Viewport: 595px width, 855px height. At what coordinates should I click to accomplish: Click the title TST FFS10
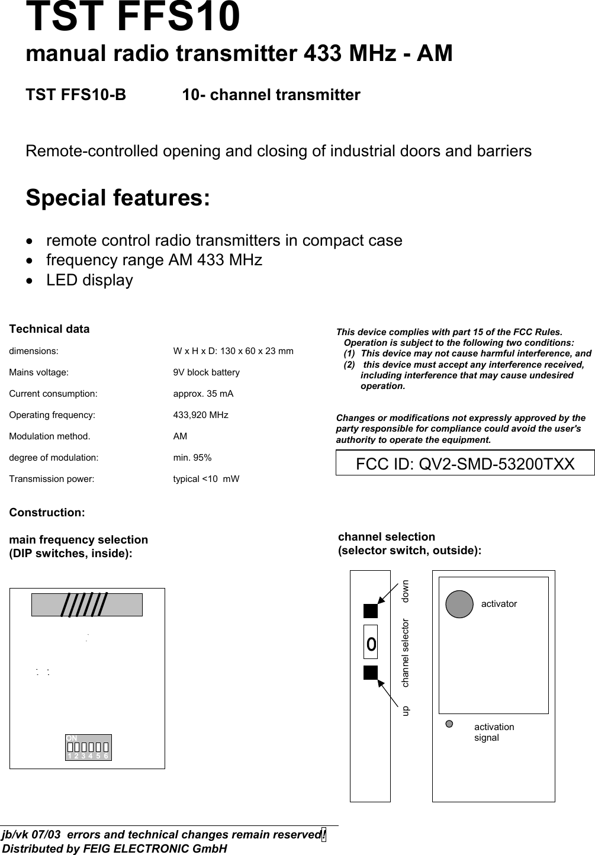133,17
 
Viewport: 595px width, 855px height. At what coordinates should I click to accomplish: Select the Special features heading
117,197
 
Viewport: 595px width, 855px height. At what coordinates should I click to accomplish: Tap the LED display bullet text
89,280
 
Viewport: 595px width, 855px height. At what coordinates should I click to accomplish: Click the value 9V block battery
206,372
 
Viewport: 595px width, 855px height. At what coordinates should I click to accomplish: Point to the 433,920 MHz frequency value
200,415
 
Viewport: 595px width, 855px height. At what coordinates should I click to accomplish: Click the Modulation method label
50,436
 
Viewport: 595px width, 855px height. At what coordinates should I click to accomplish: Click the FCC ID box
465,463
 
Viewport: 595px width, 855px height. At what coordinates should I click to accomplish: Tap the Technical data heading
49,329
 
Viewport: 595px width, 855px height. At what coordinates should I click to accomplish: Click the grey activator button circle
459,604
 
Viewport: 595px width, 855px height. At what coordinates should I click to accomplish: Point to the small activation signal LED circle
449,724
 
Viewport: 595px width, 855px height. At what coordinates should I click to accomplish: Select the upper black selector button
371,610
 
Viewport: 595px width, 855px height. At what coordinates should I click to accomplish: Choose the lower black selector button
371,672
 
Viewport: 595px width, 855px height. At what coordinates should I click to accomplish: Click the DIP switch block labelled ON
88,747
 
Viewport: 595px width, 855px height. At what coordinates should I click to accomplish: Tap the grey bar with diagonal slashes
87,605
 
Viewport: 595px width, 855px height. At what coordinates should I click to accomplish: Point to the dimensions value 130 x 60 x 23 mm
233,351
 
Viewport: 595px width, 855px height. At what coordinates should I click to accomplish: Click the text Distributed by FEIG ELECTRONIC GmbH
114,848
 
